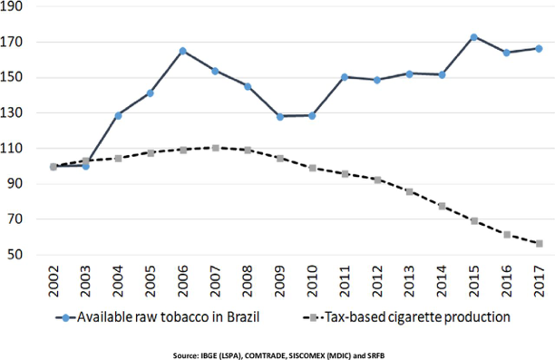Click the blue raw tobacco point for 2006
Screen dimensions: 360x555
tap(182, 51)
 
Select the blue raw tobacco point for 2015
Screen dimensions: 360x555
tap(474, 37)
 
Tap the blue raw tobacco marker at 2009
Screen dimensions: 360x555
tap(280, 116)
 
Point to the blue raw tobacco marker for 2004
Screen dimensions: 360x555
tap(118, 115)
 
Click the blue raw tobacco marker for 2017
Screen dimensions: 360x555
tap(539, 48)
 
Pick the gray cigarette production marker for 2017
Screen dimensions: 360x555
tap(539, 243)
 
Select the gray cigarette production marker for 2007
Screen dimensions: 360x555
tap(215, 147)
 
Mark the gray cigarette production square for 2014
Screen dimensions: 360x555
tap(442, 206)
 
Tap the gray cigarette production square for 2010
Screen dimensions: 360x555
tap(312, 168)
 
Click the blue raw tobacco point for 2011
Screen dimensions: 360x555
tap(345, 77)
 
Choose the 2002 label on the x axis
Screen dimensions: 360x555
tap(54, 285)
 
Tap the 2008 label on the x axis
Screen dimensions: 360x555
tap(248, 285)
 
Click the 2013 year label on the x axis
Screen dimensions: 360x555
tap(410, 285)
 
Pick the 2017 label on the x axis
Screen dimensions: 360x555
tap(540, 285)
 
